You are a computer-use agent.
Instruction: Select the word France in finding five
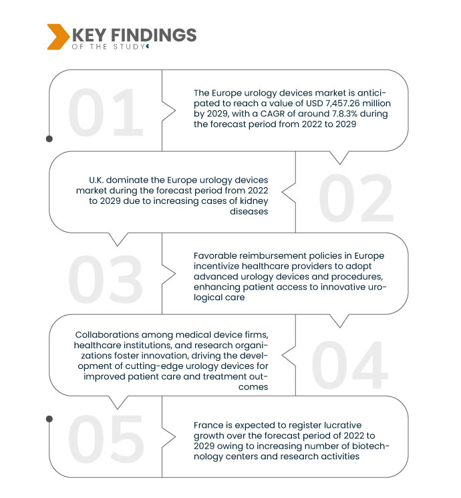(209, 425)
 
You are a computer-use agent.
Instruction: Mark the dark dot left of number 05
(49, 418)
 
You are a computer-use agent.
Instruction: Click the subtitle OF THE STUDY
(107, 46)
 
